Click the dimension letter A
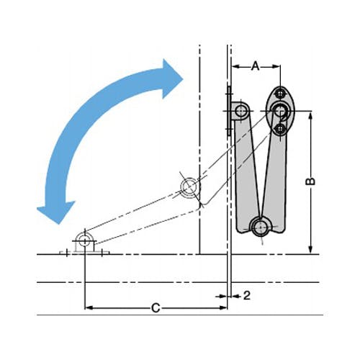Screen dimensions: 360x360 (x=256, y=66)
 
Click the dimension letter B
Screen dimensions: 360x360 (x=310, y=181)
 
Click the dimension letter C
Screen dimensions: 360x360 (x=156, y=307)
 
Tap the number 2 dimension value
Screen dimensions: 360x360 (x=247, y=295)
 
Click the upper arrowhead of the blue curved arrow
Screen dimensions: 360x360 (x=171, y=79)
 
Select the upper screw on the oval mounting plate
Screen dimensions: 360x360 (x=280, y=93)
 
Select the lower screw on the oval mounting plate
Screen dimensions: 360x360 (x=280, y=129)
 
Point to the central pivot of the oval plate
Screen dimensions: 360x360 (x=280, y=111)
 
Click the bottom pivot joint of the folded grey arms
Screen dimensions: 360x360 (x=261, y=226)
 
